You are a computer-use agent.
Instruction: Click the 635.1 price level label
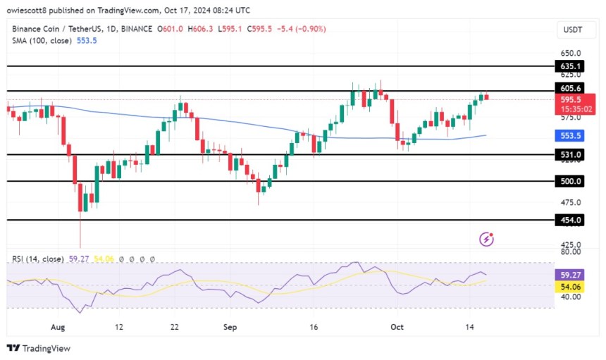pyautogui.click(x=571, y=66)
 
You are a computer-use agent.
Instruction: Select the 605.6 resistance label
pyautogui.click(x=571, y=88)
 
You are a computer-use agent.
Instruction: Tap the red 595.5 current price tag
pyautogui.click(x=571, y=100)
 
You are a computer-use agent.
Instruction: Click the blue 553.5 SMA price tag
pyautogui.click(x=571, y=136)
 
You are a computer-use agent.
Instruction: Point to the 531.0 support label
pyautogui.click(x=571, y=154)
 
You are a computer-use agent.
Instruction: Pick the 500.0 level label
pyautogui.click(x=571, y=181)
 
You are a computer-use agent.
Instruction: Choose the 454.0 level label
pyautogui.click(x=571, y=220)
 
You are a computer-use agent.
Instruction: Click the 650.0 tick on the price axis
pyautogui.click(x=571, y=53)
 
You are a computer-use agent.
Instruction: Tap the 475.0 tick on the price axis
pyautogui.click(x=571, y=203)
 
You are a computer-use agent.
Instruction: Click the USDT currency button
pyautogui.click(x=571, y=30)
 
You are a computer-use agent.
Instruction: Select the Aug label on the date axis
pyautogui.click(x=58, y=327)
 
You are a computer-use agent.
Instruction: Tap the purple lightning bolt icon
pyautogui.click(x=486, y=240)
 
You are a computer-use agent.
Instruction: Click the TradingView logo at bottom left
pyautogui.click(x=39, y=348)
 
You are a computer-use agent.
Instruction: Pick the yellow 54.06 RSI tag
pyautogui.click(x=571, y=286)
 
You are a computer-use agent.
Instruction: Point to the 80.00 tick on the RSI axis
pyautogui.click(x=571, y=252)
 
